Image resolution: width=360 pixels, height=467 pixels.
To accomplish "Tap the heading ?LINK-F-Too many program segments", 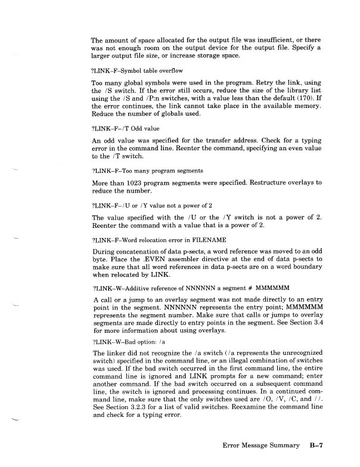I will (135, 170).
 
